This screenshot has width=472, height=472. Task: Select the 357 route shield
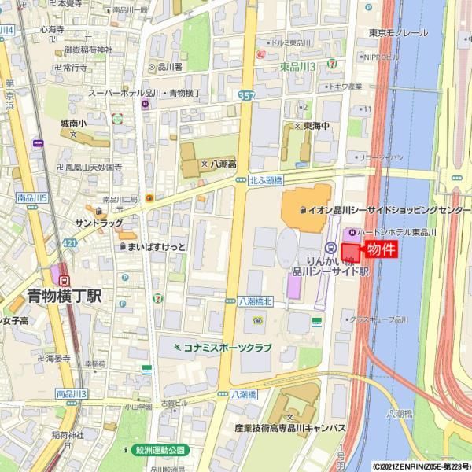(246, 94)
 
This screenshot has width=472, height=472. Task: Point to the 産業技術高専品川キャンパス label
(290, 427)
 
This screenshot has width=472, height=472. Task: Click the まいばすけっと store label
(158, 247)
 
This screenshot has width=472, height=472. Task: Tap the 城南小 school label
(74, 124)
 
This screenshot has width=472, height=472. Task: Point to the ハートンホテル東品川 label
(397, 232)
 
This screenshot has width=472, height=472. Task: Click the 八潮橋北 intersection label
(255, 301)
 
